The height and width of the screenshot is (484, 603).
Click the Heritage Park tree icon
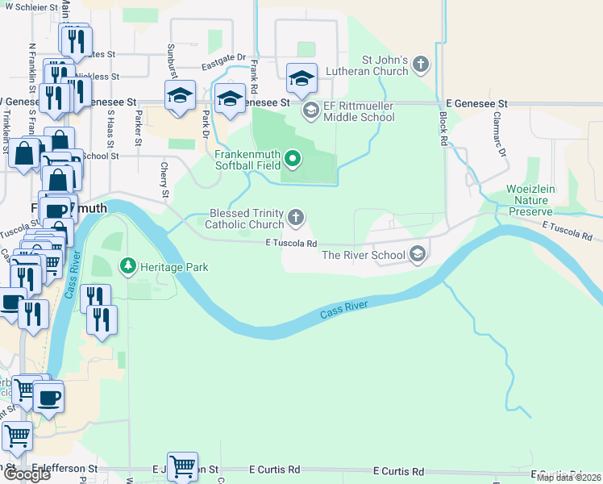[x=127, y=265]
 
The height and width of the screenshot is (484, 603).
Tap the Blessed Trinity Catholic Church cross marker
[x=297, y=216]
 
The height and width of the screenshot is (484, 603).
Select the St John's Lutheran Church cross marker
[x=422, y=63]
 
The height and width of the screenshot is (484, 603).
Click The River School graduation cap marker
[x=417, y=254]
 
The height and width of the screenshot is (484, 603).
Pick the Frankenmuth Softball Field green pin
[x=293, y=160]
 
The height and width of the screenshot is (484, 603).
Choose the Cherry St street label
[x=164, y=181]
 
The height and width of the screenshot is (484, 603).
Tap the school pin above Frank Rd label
[x=230, y=98]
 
